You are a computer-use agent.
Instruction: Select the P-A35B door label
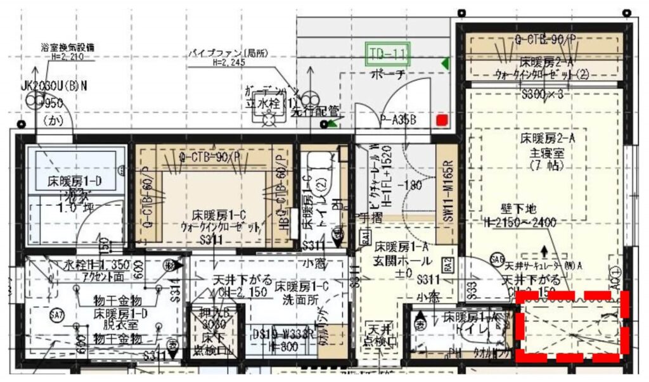point(398,118)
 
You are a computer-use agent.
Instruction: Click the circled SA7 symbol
point(56,315)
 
